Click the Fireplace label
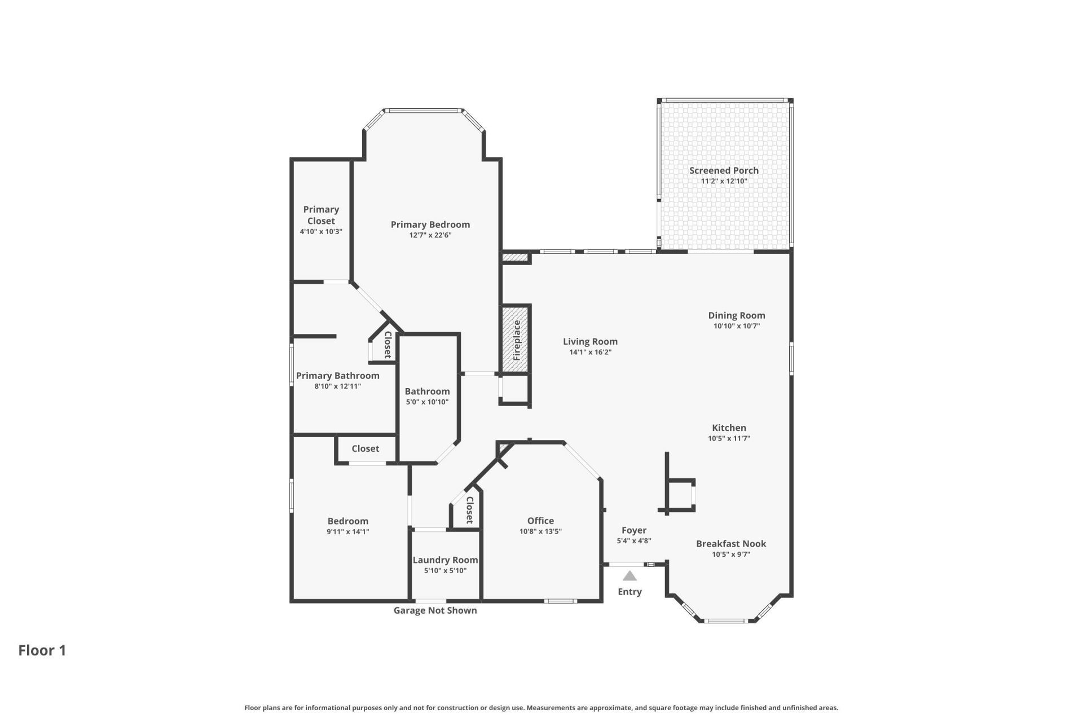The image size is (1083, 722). (x=517, y=340)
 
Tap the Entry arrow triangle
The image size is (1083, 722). (x=629, y=576)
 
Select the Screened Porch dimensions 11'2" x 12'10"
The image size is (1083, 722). (x=724, y=181)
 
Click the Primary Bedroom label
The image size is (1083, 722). (x=430, y=224)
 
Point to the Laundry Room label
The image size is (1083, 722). (x=445, y=560)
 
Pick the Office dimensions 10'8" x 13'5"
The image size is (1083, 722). (x=540, y=531)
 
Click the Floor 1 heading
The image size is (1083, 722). (x=42, y=650)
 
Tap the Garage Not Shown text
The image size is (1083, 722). (x=435, y=610)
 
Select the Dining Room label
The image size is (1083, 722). (x=736, y=315)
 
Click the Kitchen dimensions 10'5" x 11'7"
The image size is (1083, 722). (x=729, y=438)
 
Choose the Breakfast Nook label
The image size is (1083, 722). (x=730, y=544)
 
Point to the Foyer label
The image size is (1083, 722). (x=633, y=530)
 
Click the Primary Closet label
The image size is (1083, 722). (x=321, y=215)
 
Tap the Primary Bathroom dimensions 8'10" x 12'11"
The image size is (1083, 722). (x=337, y=386)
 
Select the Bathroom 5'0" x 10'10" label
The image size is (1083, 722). (x=427, y=391)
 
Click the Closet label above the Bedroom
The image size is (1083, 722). (x=365, y=448)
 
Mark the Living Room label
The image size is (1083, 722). (x=590, y=341)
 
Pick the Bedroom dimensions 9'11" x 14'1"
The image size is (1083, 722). (x=347, y=531)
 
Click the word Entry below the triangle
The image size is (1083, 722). (x=629, y=592)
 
